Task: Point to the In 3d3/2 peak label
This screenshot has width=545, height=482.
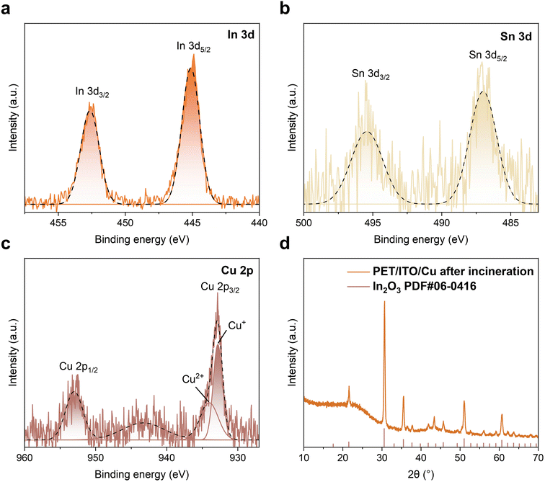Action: pos(92,92)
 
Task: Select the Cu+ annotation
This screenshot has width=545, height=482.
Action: pos(236,325)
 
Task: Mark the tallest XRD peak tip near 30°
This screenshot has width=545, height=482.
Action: pos(384,302)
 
